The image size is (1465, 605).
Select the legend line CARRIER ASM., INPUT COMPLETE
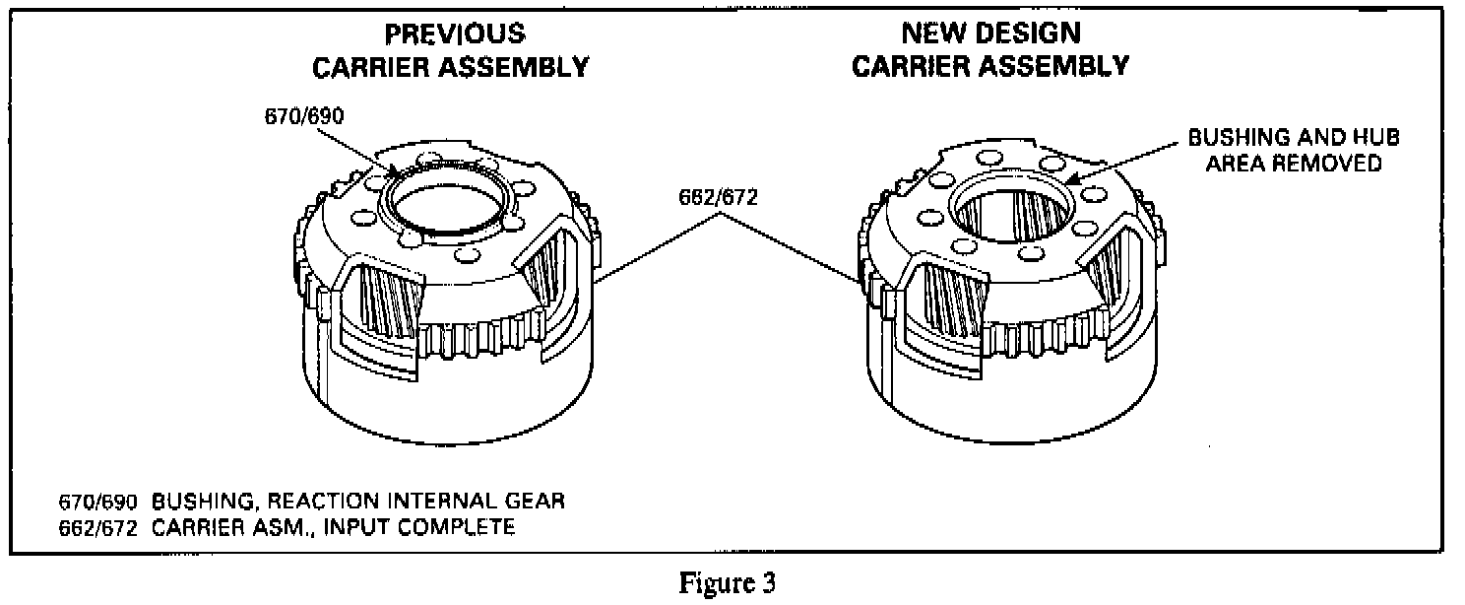pyautogui.click(x=333, y=527)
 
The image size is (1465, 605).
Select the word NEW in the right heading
pyautogui.click(x=930, y=34)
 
